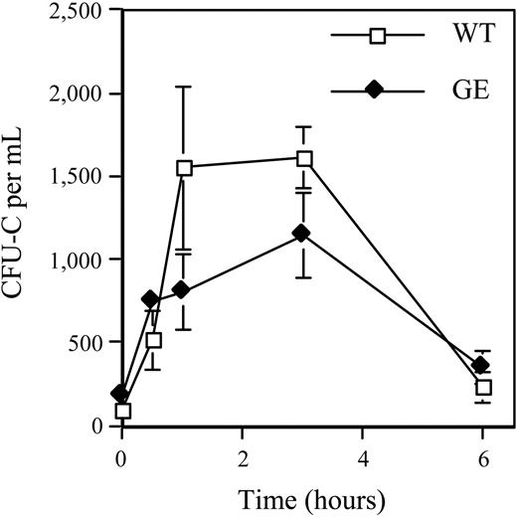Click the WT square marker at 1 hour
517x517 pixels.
coord(183,168)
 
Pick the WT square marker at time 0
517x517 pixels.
coord(123,411)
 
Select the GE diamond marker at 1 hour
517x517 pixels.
coord(181,290)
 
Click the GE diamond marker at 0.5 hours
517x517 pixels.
coord(150,299)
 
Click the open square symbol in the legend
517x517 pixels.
coord(376,37)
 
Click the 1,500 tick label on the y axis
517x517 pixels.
coord(73,177)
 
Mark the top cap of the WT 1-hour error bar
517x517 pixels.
coord(183,86)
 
